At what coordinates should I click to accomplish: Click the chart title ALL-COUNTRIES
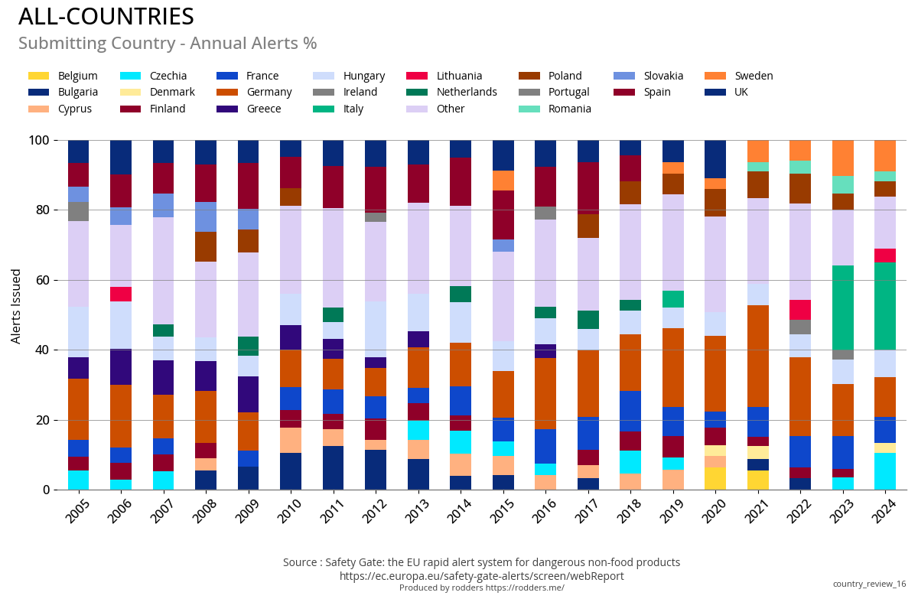(106, 17)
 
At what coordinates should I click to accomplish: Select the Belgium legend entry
(63, 76)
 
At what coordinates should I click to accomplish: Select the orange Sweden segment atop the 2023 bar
(843, 158)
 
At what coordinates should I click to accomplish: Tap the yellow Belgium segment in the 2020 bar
(715, 478)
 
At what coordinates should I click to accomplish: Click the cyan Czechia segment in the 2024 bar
(885, 471)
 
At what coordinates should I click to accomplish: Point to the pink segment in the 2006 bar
(121, 294)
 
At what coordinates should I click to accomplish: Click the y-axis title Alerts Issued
(16, 306)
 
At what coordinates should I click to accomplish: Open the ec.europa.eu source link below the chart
(481, 576)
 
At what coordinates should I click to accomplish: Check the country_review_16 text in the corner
(869, 584)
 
